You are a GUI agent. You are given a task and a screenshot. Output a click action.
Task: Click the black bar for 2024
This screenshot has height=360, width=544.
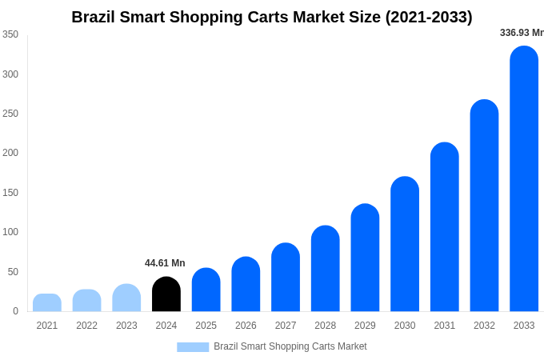(166, 294)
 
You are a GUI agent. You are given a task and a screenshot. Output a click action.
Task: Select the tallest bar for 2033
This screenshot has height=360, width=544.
(524, 179)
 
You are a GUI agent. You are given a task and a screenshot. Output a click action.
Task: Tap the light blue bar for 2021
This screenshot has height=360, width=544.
(47, 303)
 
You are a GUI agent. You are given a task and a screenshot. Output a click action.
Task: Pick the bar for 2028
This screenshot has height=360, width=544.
(326, 269)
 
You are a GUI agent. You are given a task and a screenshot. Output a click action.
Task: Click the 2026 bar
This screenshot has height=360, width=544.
(246, 284)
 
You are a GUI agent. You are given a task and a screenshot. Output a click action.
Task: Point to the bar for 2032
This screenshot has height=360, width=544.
(484, 206)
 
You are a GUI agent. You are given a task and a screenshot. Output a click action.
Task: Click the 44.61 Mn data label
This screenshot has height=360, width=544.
(165, 263)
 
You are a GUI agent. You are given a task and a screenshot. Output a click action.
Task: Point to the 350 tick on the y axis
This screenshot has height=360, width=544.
(10, 34)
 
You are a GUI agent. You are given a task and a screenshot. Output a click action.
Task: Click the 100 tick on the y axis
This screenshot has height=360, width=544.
(10, 232)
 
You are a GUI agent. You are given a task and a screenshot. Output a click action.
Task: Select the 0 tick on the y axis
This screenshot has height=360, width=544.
(15, 311)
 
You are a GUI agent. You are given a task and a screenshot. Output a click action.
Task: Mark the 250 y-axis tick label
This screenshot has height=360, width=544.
(10, 114)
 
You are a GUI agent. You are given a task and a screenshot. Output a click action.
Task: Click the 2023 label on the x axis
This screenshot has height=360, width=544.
(126, 326)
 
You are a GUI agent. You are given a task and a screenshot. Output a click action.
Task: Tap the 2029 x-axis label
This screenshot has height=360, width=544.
(365, 326)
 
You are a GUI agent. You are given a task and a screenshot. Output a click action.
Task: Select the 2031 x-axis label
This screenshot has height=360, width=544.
(445, 326)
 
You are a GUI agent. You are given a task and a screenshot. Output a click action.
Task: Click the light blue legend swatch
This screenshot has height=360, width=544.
(193, 347)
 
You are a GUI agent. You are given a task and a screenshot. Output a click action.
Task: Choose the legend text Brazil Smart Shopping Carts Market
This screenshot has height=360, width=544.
(290, 346)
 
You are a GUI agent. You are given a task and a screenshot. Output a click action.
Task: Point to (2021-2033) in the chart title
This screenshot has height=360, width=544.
(429, 17)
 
